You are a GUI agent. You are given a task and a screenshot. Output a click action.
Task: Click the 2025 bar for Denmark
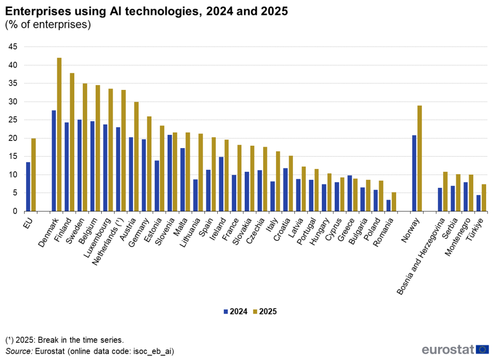[59, 134]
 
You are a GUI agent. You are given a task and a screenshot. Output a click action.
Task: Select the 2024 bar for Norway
[414, 173]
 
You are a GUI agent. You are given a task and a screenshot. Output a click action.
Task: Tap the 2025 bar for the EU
[34, 175]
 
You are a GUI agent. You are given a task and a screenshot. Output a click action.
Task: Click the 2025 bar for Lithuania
[201, 172]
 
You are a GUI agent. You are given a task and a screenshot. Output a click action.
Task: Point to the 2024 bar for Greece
[350, 193]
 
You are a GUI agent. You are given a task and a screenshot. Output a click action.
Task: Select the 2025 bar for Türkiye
[484, 197]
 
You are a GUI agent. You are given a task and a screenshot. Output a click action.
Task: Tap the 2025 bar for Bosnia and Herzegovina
[445, 191]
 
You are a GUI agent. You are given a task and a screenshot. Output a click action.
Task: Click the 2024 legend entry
[235, 312]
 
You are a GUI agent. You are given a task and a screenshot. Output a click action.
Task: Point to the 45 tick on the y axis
[13, 47]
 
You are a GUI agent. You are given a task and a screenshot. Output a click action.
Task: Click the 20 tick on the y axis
[13, 138]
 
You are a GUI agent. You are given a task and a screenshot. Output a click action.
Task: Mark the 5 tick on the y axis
[15, 193]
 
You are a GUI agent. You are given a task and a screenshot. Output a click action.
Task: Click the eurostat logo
[455, 350]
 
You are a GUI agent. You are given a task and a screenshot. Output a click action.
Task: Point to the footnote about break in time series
[64, 340]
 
